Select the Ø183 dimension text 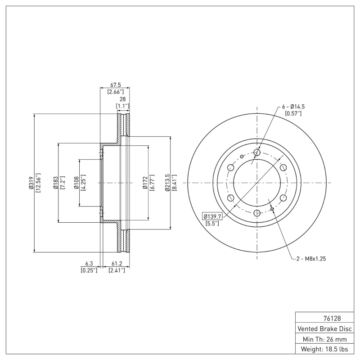coord(55,183)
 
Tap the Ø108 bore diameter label coord(76,183)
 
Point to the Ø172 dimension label coord(145,183)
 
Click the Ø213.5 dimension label coord(167,183)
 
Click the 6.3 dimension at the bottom coord(89,264)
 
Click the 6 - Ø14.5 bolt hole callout coord(294,107)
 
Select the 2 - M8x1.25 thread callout coord(312,259)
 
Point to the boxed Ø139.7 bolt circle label coord(212,216)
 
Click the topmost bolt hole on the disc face coord(257,153)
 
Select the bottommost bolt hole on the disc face coord(257,213)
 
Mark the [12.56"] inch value coord(38,183)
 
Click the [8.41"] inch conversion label coord(174,183)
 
